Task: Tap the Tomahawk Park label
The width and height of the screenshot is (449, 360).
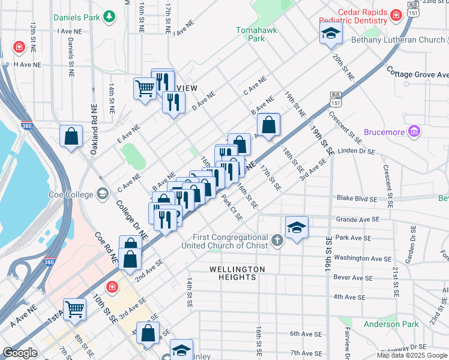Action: coord(250,34)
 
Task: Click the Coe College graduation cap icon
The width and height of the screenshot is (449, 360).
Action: coord(103,194)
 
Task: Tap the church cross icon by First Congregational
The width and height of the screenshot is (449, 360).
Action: coord(277,241)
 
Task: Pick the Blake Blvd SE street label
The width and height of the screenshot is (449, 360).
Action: coord(357,199)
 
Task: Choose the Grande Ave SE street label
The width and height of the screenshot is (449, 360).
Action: coord(359,220)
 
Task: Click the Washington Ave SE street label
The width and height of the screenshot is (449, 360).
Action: coord(359,257)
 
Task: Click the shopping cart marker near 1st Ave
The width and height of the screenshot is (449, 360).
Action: coord(75,310)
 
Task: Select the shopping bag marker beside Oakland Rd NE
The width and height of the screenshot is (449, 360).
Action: coord(71,135)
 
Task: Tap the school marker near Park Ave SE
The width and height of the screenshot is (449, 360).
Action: coord(297,227)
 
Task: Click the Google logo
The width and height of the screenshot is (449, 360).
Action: coord(20,353)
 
